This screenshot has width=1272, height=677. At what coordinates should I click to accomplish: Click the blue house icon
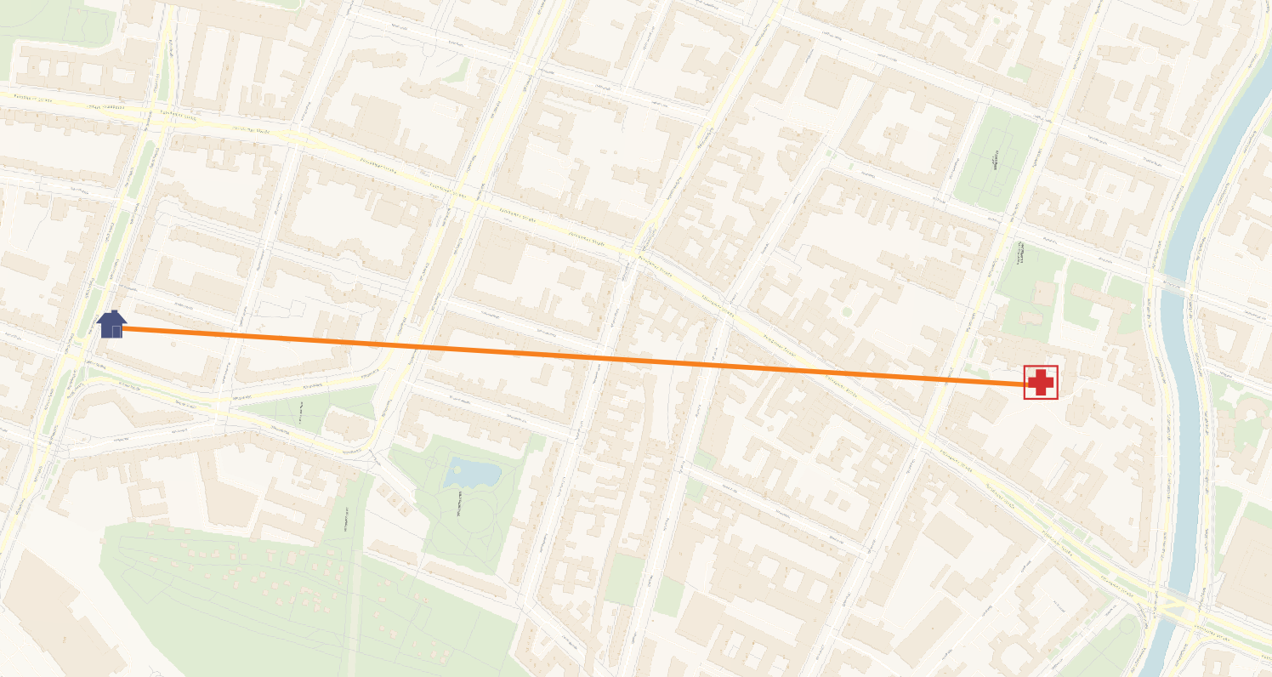click(111, 324)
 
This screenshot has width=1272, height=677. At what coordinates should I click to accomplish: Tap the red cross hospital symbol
click(1041, 383)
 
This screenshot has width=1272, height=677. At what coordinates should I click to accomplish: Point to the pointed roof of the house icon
click(111, 315)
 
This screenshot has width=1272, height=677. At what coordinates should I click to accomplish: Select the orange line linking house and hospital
click(561, 356)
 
